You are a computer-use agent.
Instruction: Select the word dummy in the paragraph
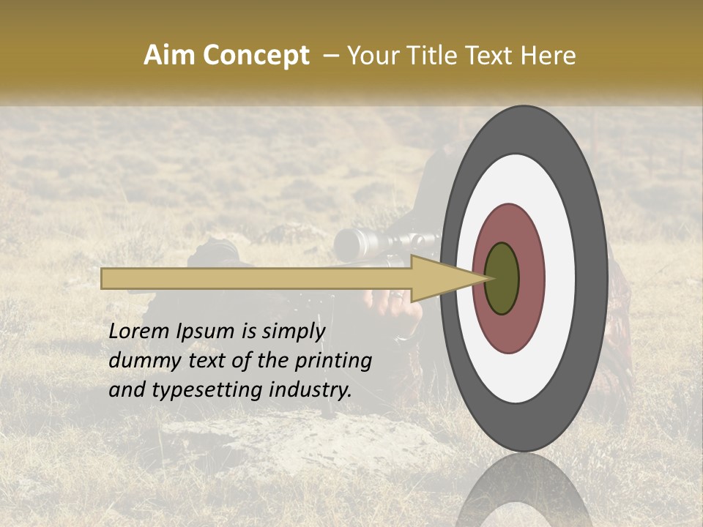point(141,361)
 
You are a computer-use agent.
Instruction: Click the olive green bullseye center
point(502,278)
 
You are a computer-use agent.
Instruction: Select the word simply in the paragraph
point(293,332)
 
